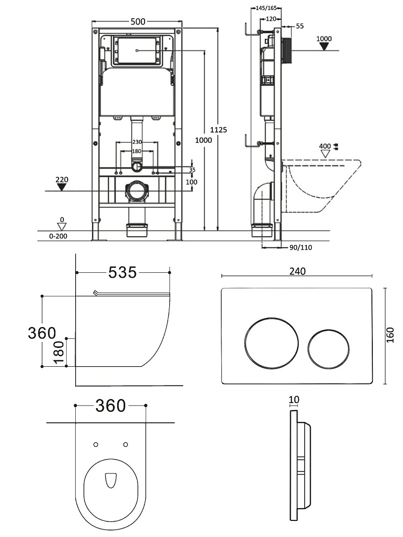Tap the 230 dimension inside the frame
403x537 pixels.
tap(138, 142)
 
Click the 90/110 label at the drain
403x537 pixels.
tap(301, 248)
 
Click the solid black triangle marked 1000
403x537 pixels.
tap(324, 46)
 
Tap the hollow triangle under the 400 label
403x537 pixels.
tap(325, 153)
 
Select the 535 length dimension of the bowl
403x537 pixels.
tap(123, 273)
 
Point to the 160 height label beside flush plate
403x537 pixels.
tap(391, 335)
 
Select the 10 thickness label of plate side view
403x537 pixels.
tap(293, 400)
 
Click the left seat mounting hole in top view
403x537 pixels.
tap(96, 444)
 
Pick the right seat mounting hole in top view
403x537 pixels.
tap(126, 444)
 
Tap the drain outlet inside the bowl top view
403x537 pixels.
tap(111, 480)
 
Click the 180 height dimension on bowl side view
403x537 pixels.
tap(59, 352)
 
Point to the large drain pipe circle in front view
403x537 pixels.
tap(136, 192)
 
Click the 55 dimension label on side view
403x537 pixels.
tap(299, 26)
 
